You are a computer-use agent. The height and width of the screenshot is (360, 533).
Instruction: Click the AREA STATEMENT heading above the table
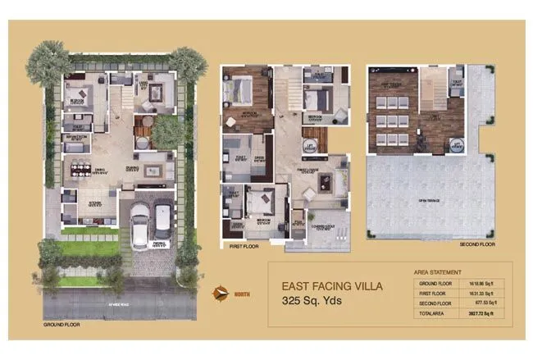tap(437, 271)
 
